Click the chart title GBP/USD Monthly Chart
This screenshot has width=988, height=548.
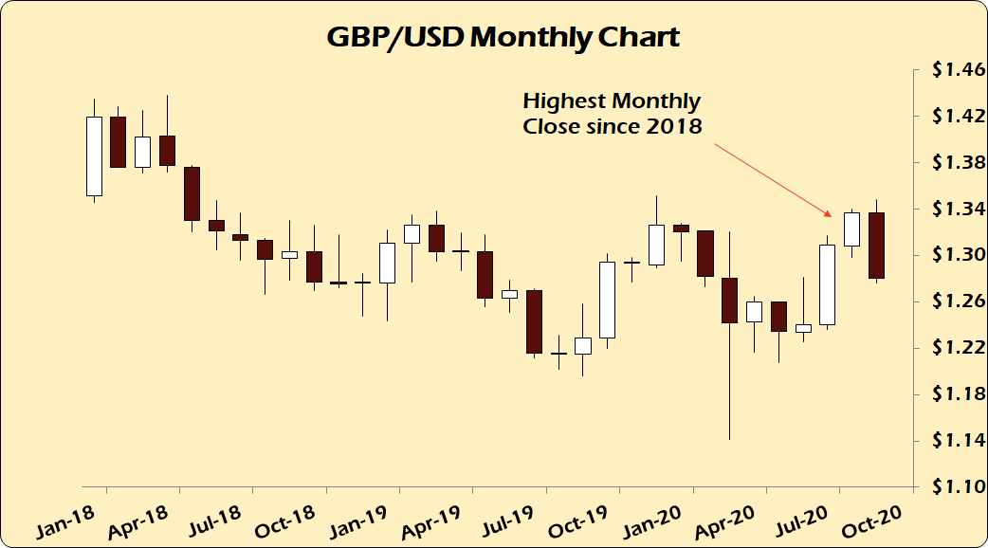pyautogui.click(x=503, y=37)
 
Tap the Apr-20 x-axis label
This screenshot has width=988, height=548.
pyautogui.click(x=731, y=518)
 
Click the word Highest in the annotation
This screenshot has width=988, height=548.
pyautogui.click(x=565, y=101)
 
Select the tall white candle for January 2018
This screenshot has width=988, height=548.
pyautogui.click(x=94, y=155)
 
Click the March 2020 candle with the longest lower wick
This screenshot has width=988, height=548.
pyautogui.click(x=729, y=301)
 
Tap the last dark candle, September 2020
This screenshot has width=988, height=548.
pyautogui.click(x=877, y=245)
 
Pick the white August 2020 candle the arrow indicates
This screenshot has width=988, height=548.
pyautogui.click(x=851, y=228)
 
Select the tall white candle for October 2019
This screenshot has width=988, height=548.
pyautogui.click(x=607, y=300)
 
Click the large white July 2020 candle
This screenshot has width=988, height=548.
pyautogui.click(x=827, y=284)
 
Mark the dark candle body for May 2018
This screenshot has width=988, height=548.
pyautogui.click(x=191, y=193)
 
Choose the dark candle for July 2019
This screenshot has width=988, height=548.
pyautogui.click(x=534, y=321)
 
